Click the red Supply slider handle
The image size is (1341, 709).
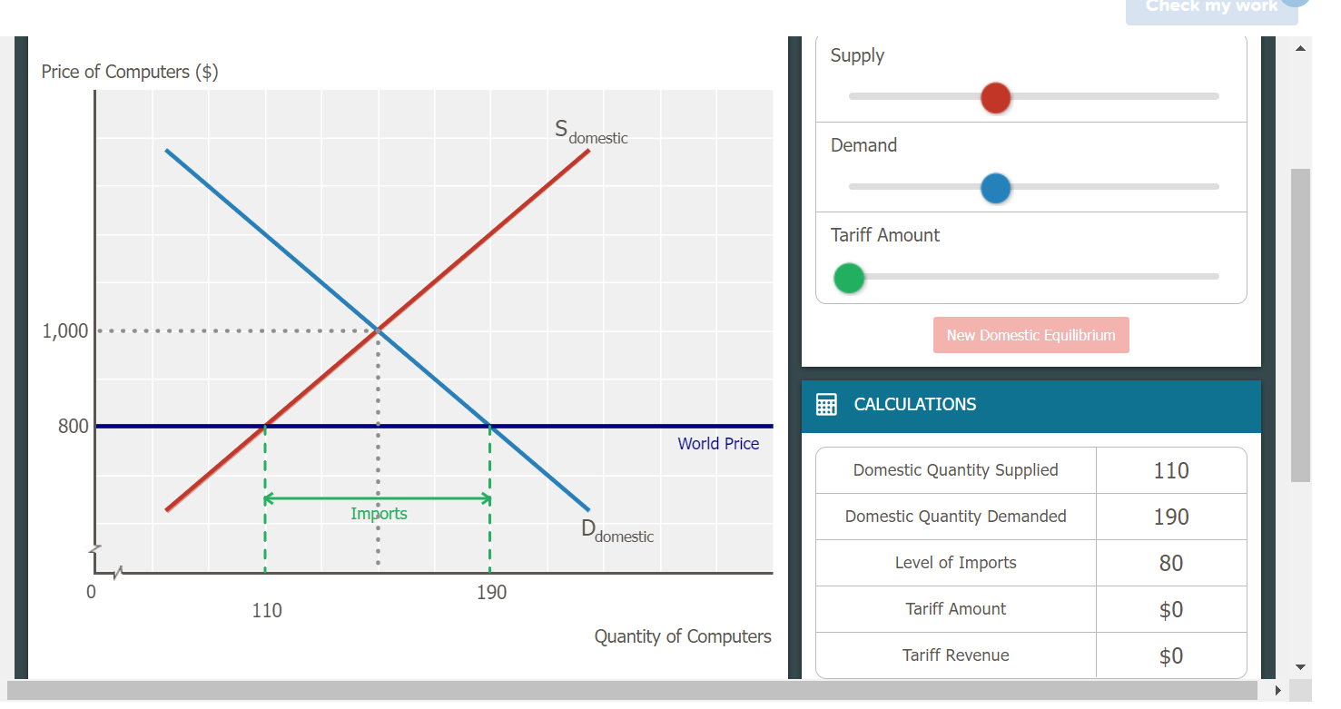(996, 98)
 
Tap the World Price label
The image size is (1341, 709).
(718, 444)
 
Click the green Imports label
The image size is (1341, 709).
(379, 514)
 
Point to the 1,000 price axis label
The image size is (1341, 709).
(65, 331)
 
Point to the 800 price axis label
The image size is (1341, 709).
(74, 427)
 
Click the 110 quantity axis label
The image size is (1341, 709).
(267, 611)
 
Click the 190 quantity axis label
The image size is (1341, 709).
(491, 593)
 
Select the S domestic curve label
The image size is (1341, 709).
(591, 133)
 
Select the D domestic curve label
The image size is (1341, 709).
(616, 531)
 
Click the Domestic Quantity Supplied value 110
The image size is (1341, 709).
(1170, 470)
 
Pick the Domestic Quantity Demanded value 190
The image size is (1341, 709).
(1170, 517)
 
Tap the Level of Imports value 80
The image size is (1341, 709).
(1170, 563)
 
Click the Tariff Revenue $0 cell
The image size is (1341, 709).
(1170, 655)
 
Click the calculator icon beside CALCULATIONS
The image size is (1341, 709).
(826, 405)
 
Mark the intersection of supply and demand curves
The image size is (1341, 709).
(378, 330)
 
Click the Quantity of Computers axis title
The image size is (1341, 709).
(683, 636)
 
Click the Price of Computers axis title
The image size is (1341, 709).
(129, 72)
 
